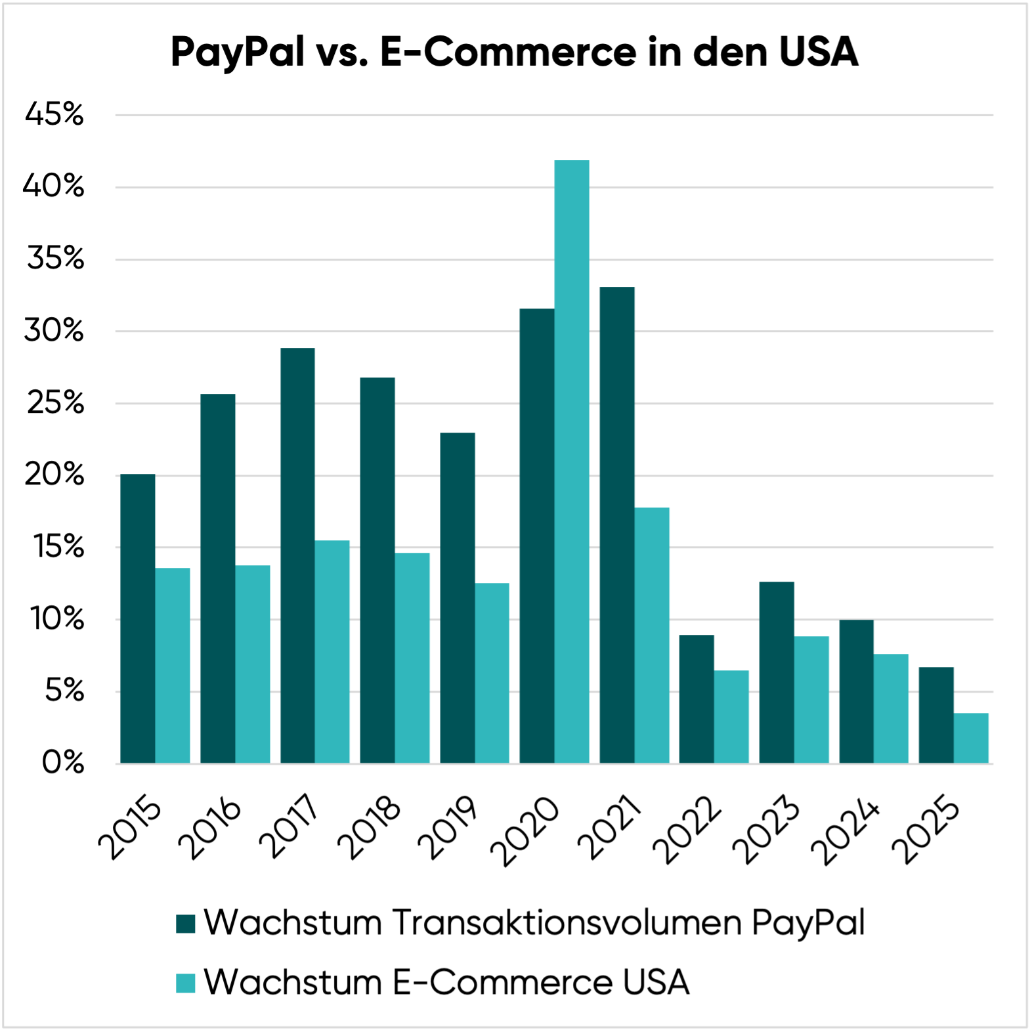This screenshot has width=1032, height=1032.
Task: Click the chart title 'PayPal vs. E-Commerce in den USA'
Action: point(515,52)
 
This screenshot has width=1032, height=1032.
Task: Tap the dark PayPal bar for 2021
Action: point(617,525)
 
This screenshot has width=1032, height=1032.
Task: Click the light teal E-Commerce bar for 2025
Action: point(971,738)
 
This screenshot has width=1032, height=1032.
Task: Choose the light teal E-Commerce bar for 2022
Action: point(731,716)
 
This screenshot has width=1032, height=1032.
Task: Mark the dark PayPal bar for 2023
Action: point(777,672)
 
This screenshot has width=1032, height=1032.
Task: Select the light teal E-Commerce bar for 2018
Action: point(412,658)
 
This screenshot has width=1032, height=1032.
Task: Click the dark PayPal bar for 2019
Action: point(458,598)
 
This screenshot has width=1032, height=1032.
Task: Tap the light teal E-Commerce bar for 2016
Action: point(253,664)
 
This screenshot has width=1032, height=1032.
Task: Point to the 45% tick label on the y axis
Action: point(55,115)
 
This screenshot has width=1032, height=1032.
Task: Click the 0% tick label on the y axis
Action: point(63,763)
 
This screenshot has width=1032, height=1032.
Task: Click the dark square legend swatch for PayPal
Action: point(186,924)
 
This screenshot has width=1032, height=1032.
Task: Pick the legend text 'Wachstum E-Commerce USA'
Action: point(446,983)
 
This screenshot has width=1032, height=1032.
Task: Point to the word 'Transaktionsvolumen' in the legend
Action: point(567,922)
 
